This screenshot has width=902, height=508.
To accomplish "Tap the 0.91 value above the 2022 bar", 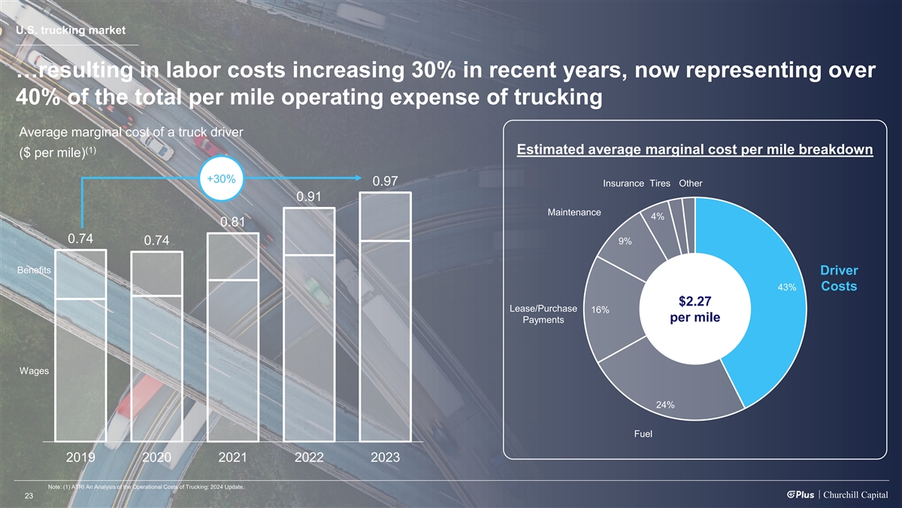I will click(x=309, y=197).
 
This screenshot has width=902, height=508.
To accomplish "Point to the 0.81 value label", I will click(x=233, y=223).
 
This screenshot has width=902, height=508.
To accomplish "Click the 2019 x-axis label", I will click(x=81, y=458).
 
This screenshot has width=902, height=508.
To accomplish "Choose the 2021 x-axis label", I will click(x=233, y=458).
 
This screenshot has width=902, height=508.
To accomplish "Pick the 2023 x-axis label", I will click(x=385, y=458).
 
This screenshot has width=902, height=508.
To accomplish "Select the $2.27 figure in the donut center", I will click(x=696, y=302).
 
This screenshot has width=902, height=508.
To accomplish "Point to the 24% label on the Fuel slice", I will click(x=664, y=405).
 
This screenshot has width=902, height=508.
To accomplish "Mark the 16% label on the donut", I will click(x=600, y=310).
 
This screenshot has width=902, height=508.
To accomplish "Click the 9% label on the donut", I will click(x=625, y=242).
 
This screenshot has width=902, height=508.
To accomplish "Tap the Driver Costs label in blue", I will click(x=839, y=278).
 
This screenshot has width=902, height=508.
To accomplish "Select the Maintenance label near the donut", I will click(x=574, y=212).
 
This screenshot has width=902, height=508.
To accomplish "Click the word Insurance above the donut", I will click(x=623, y=184).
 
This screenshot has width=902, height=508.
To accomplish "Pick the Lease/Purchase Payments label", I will click(x=543, y=315).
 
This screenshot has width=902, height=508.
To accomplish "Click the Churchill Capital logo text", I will click(x=856, y=494).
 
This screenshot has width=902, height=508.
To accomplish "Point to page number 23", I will click(x=29, y=495).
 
